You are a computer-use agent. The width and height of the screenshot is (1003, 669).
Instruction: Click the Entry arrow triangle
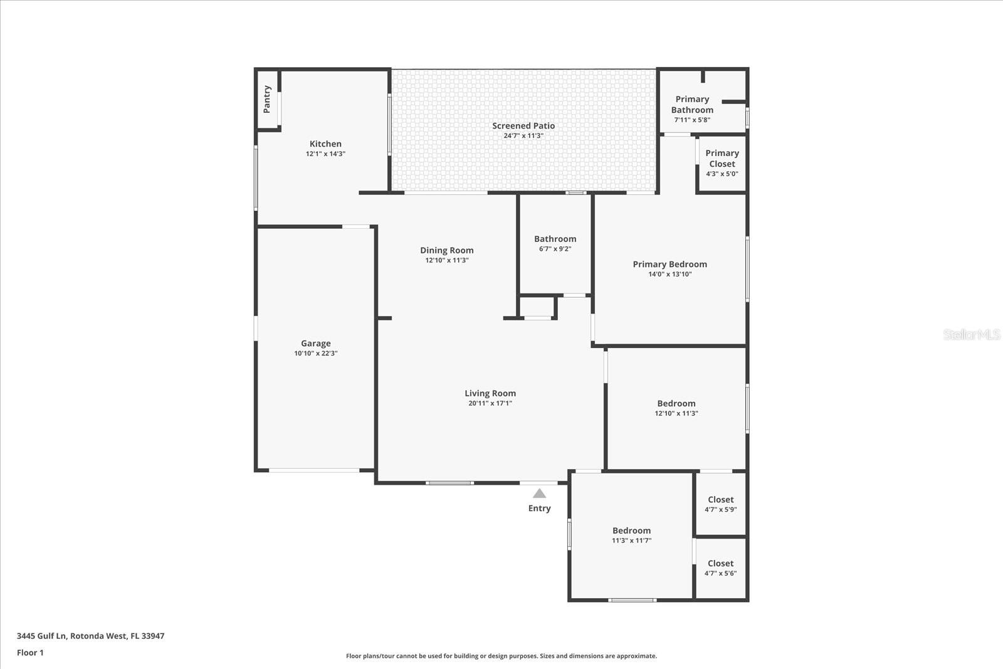pos(539,493)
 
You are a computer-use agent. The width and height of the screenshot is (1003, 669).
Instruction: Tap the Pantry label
pos(267,100)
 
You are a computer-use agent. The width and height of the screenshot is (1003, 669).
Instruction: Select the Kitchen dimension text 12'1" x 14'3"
pos(325,154)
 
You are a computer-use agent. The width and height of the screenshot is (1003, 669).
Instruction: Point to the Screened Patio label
pos(523,126)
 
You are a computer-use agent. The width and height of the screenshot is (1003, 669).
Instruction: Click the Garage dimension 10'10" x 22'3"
pos(316,353)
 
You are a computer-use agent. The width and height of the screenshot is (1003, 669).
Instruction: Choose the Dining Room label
pos(446,250)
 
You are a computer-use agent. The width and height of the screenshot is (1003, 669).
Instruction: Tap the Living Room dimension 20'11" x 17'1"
pos(490,403)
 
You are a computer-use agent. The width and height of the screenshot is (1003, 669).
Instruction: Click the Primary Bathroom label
pos(692,104)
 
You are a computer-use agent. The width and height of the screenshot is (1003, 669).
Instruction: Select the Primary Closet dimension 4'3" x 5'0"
pos(722,174)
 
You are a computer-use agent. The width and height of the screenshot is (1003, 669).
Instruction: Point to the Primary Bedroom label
pos(670,264)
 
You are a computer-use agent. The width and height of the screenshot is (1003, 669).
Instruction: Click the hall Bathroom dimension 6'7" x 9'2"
pos(555,249)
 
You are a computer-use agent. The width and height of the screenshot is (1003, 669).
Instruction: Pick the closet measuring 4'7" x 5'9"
pos(721,503)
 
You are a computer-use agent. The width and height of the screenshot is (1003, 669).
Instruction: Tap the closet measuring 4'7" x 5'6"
pos(720,568)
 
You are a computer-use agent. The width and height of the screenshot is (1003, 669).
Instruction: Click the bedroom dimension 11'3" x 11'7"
pos(632,540)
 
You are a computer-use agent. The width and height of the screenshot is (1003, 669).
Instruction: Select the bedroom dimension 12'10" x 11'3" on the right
pos(676,413)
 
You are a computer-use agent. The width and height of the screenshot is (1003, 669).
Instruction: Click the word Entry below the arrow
pos(540,508)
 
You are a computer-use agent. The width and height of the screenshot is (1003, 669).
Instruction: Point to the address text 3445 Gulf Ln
pos(41,636)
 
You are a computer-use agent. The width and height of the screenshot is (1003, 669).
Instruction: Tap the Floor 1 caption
pos(31,653)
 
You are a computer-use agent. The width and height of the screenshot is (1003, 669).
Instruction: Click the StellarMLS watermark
pos(972,335)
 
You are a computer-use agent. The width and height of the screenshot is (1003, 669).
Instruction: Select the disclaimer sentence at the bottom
pos(501,656)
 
